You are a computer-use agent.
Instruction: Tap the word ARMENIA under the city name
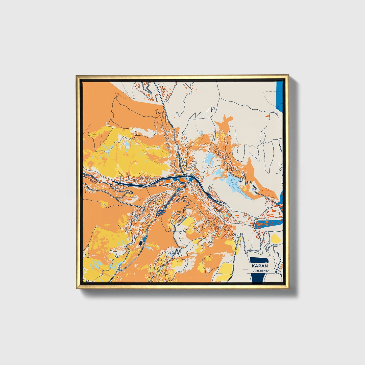click(x=261, y=271)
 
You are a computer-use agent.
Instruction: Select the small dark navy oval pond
click(x=140, y=243)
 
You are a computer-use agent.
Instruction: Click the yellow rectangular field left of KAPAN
click(x=223, y=270)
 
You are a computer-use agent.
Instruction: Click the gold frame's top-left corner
click(x=77, y=76)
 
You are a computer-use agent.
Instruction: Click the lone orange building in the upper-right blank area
click(x=267, y=115)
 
